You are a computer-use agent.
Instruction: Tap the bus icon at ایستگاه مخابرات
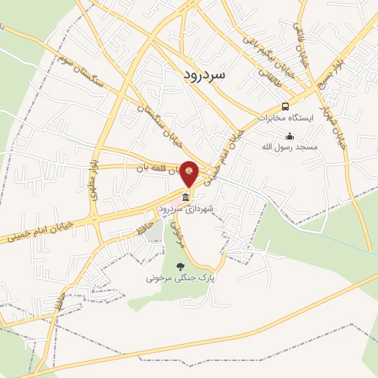285,106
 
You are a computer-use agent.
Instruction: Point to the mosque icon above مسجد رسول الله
289,136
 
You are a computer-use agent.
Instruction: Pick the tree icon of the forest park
179,267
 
